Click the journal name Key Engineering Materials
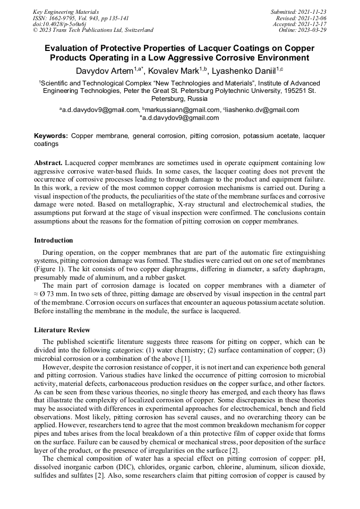coord(66,12)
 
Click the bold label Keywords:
coord(51,136)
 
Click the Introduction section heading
coord(54,240)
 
